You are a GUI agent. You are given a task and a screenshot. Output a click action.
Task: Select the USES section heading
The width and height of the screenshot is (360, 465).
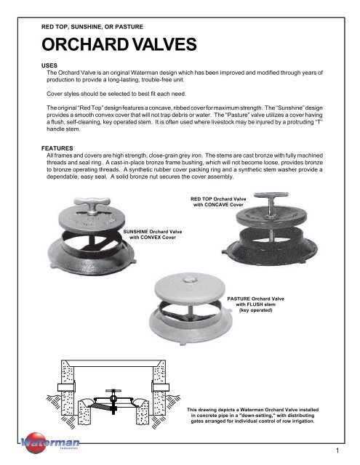[49, 65]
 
